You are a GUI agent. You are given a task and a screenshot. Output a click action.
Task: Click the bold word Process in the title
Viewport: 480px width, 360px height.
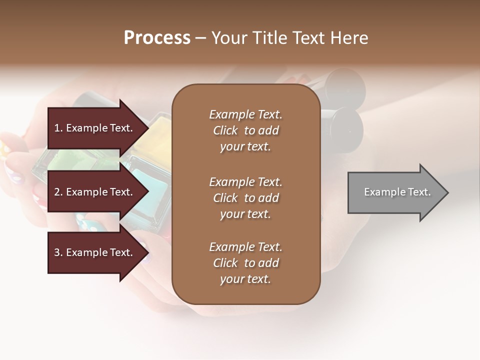(x=157, y=38)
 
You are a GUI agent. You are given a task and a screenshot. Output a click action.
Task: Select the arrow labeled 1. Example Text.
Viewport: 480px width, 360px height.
(x=95, y=128)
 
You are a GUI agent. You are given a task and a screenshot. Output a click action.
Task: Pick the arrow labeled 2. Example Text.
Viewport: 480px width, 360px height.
(x=95, y=192)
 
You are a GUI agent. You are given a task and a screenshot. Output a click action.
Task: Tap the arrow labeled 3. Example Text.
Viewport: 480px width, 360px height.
(x=95, y=252)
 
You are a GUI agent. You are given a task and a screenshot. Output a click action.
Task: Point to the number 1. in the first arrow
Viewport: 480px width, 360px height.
(x=58, y=128)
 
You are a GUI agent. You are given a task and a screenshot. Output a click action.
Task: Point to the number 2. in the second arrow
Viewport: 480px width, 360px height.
(x=58, y=192)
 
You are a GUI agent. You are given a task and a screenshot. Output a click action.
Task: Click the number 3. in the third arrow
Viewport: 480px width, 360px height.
(x=58, y=252)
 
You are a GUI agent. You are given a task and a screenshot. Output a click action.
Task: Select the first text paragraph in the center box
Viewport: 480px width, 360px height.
(x=245, y=130)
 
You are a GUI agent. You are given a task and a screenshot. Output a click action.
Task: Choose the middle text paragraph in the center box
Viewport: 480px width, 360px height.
(x=245, y=198)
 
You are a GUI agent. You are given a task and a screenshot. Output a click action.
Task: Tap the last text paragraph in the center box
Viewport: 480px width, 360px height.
(x=245, y=263)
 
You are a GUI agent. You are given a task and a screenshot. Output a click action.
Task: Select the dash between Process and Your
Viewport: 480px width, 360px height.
(x=200, y=38)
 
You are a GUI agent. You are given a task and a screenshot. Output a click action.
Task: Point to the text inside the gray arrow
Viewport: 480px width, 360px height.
(x=397, y=192)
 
